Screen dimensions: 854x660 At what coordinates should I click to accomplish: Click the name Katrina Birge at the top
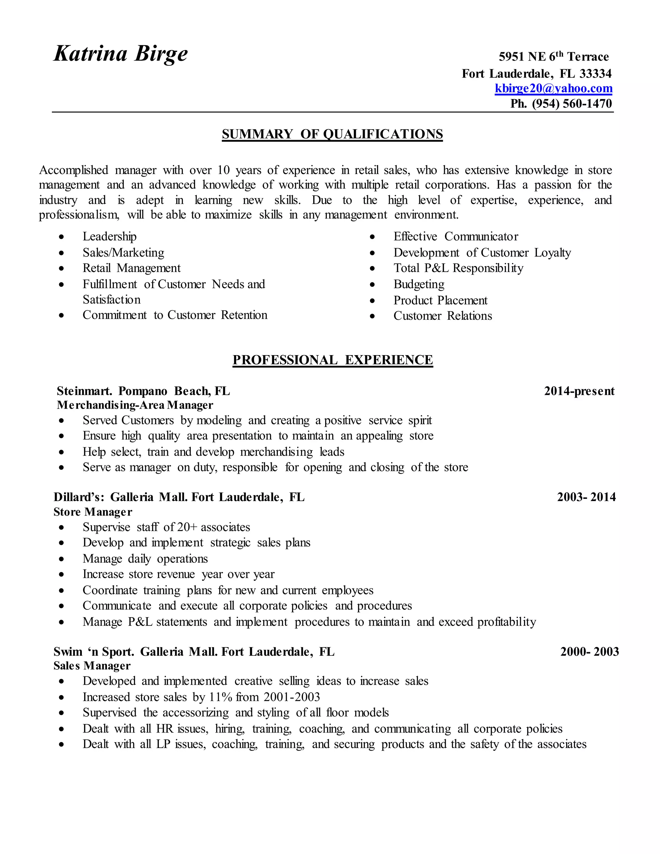(x=121, y=53)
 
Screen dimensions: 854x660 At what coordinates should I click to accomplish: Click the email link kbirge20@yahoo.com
(x=553, y=88)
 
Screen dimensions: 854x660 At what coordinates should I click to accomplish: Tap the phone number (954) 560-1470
(x=572, y=104)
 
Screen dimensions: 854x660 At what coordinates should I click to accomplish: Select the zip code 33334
(x=595, y=73)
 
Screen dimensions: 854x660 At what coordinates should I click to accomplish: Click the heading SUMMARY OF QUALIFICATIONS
(x=332, y=134)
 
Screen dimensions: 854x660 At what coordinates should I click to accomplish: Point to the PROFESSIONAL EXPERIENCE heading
(x=332, y=360)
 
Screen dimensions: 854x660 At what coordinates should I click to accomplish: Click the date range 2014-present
(x=579, y=391)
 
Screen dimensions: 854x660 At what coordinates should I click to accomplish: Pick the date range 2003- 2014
(x=586, y=497)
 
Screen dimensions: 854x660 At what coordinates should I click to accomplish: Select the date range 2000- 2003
(x=589, y=651)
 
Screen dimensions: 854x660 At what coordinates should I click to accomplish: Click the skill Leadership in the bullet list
(x=110, y=237)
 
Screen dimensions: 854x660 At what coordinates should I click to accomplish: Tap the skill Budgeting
(x=419, y=284)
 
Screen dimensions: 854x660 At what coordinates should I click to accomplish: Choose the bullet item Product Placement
(x=440, y=300)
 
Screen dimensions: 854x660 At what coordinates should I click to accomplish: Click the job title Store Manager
(x=93, y=512)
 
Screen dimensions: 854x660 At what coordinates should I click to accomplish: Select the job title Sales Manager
(x=92, y=665)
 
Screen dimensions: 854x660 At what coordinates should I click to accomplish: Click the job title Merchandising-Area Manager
(x=135, y=405)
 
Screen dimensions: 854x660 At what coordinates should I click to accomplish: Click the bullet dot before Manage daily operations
(x=61, y=559)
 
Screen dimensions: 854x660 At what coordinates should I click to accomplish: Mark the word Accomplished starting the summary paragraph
(x=73, y=170)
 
